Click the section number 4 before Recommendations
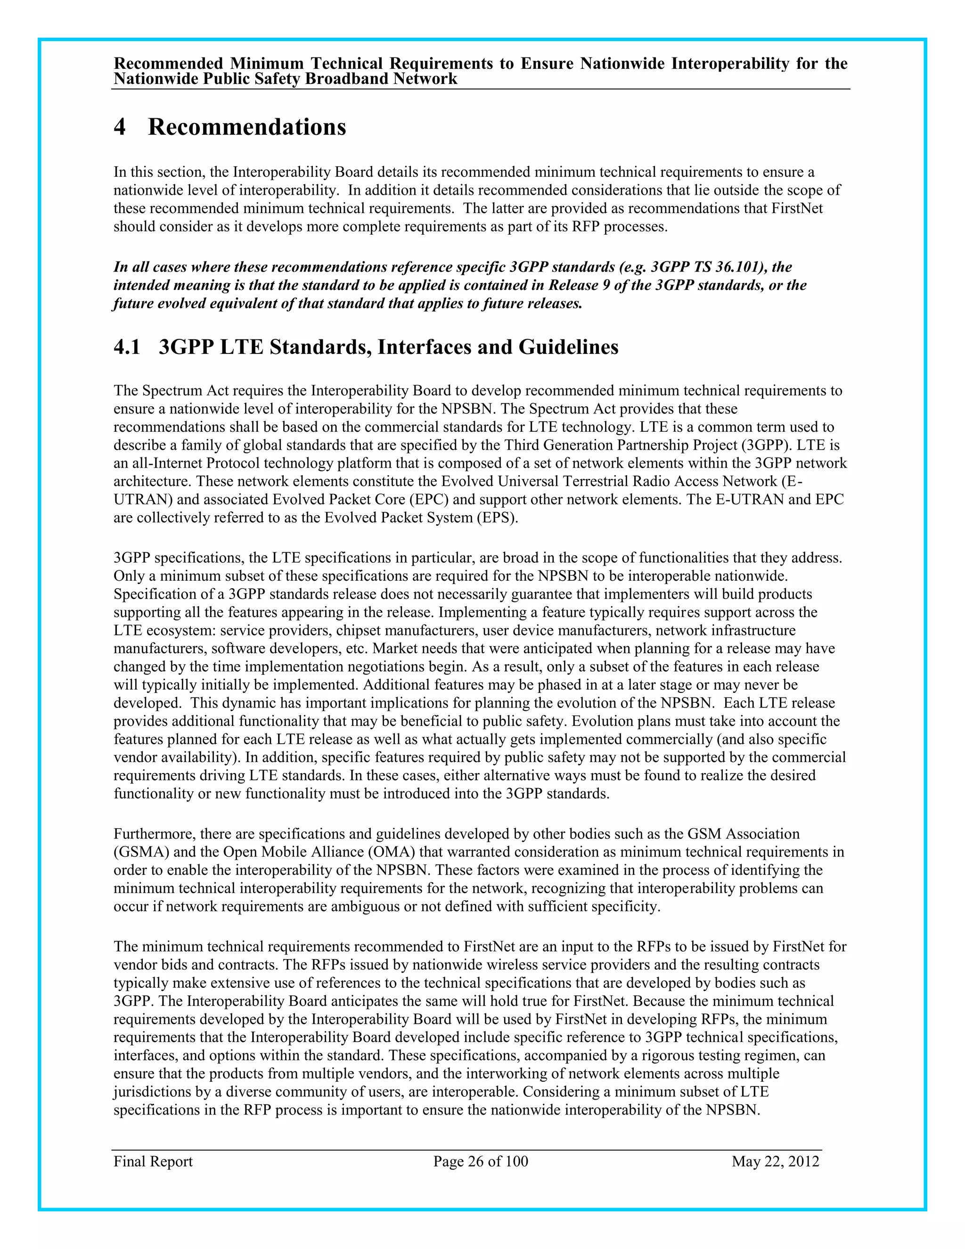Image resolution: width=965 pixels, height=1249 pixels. click(120, 127)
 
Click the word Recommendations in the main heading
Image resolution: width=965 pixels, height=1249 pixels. click(247, 127)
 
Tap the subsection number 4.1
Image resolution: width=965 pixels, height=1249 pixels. click(127, 347)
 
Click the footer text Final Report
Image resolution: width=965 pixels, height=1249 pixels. click(153, 1161)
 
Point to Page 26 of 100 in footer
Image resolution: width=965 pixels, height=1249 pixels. click(480, 1161)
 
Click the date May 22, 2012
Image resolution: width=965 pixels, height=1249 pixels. click(775, 1161)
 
